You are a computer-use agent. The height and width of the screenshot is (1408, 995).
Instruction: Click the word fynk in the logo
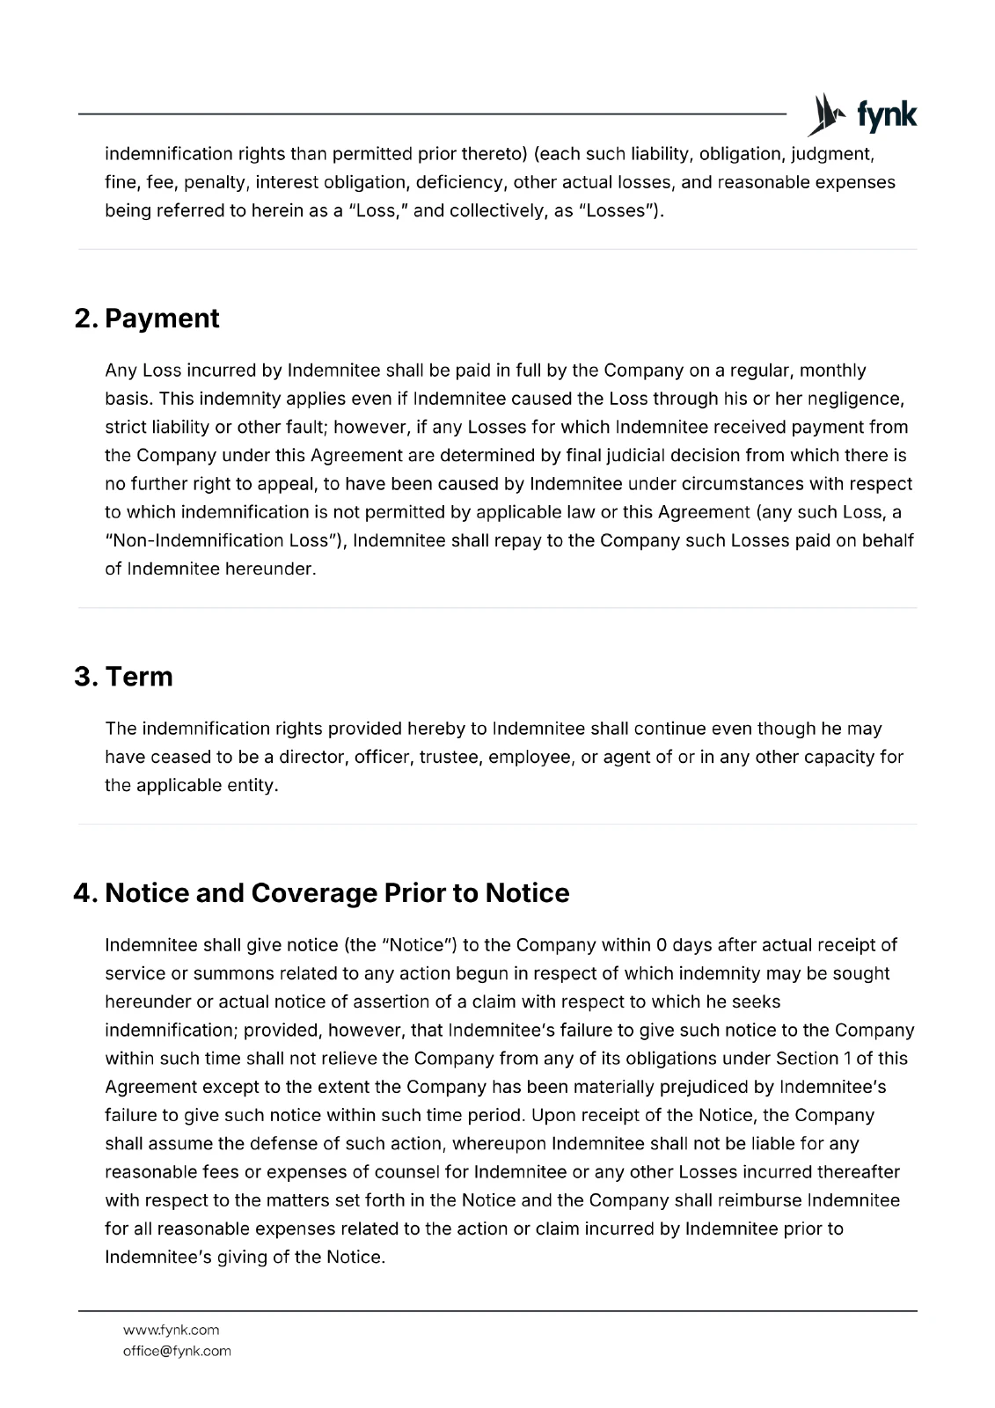pyautogui.click(x=887, y=115)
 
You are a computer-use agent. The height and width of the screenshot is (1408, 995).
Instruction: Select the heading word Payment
pyautogui.click(x=162, y=319)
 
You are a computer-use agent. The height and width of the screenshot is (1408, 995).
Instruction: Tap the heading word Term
pyautogui.click(x=139, y=677)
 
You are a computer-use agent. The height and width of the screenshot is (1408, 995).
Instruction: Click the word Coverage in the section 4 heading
pyautogui.click(x=314, y=893)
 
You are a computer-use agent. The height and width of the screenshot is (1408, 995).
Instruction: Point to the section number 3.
pyautogui.click(x=84, y=677)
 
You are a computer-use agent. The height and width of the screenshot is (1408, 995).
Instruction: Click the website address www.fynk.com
pyautogui.click(x=171, y=1330)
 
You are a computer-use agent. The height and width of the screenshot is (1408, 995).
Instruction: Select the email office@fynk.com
pyautogui.click(x=177, y=1351)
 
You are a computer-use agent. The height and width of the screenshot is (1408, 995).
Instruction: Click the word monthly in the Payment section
pyautogui.click(x=832, y=370)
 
